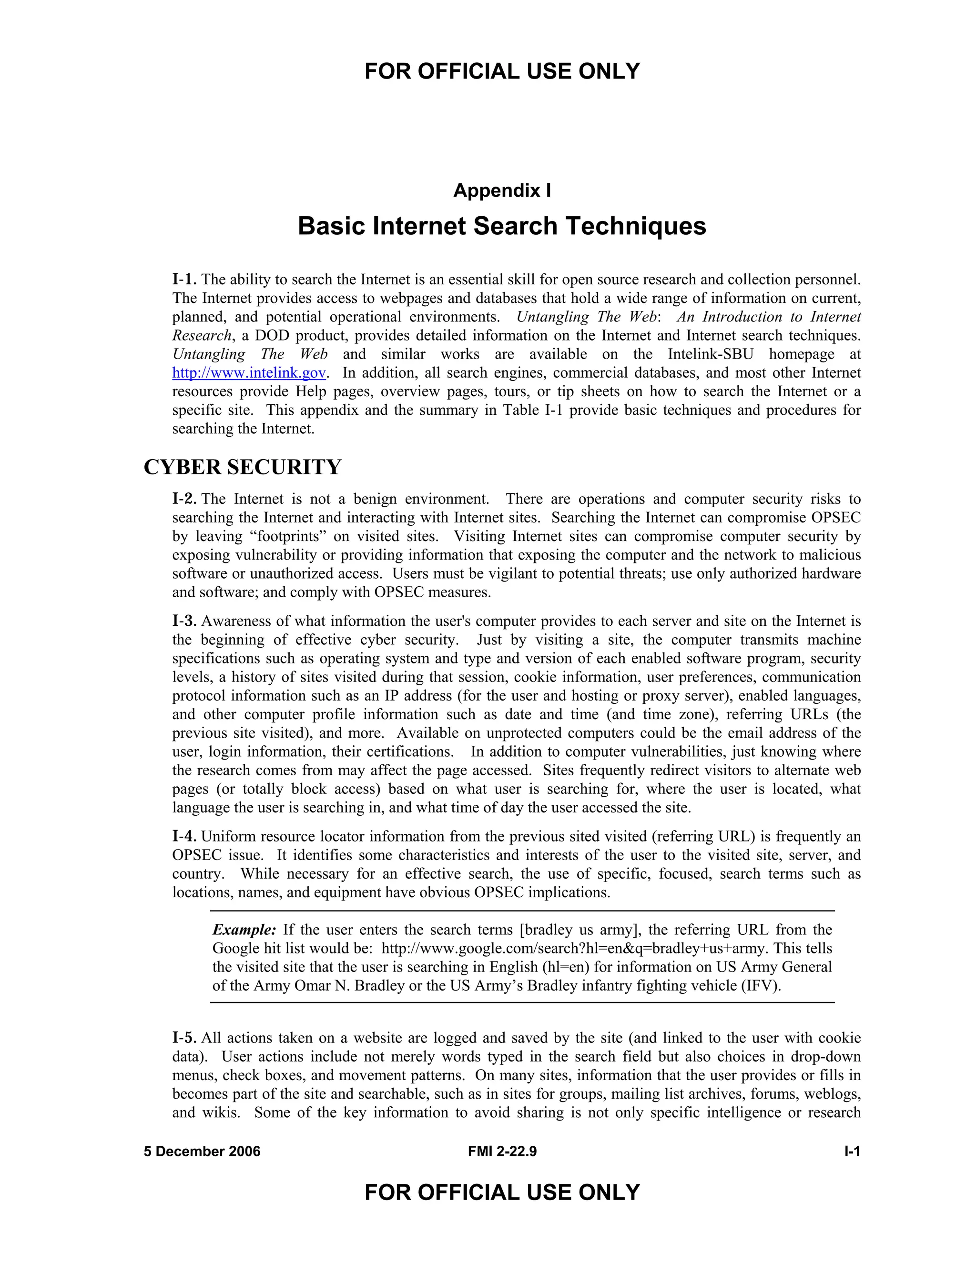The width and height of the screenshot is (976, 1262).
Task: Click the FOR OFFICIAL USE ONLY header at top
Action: click(502, 71)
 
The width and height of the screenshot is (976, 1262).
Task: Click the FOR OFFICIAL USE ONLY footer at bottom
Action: click(502, 1192)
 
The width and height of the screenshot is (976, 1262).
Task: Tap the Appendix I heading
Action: click(502, 190)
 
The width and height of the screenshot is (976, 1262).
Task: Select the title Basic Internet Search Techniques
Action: click(502, 226)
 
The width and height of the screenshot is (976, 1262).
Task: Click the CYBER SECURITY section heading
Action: click(242, 467)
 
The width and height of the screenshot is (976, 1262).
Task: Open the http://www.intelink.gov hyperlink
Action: click(249, 373)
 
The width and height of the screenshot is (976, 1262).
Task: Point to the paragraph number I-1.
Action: click(184, 280)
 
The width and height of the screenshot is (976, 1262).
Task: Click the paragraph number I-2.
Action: click(184, 499)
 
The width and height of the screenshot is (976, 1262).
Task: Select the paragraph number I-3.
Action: click(184, 621)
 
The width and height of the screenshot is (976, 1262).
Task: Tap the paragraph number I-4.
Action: click(184, 836)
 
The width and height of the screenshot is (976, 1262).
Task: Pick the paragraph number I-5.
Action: click(184, 1038)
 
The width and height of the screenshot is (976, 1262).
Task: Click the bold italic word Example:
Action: click(244, 930)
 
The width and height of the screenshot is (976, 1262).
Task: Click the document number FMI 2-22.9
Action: click(502, 1152)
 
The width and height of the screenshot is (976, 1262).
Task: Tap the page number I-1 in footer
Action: click(852, 1152)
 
